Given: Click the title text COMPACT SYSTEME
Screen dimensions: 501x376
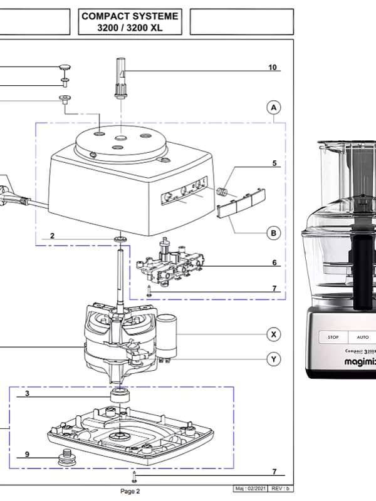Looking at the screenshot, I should (x=130, y=16).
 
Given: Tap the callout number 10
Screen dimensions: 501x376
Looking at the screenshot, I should (x=272, y=67).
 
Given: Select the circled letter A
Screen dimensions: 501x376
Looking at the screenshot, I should (x=273, y=108).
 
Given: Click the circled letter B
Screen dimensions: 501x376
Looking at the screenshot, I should (x=273, y=233).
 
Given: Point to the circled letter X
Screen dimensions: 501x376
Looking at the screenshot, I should (x=273, y=334).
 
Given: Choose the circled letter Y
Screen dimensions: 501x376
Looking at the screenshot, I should (x=273, y=359).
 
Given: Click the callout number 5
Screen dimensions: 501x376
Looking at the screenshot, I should (x=274, y=163).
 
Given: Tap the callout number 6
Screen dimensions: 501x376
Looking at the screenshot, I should (x=274, y=262).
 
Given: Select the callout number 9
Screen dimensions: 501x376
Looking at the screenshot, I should (x=27, y=454).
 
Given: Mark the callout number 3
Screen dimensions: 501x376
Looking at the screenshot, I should (x=27, y=394).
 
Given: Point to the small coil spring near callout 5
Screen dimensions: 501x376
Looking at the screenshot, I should (x=221, y=191).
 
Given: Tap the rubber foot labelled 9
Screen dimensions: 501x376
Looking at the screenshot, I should (x=65, y=458).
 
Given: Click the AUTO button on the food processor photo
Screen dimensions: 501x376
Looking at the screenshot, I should (x=363, y=337).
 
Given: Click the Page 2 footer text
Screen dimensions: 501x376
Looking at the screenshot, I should (x=130, y=491).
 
